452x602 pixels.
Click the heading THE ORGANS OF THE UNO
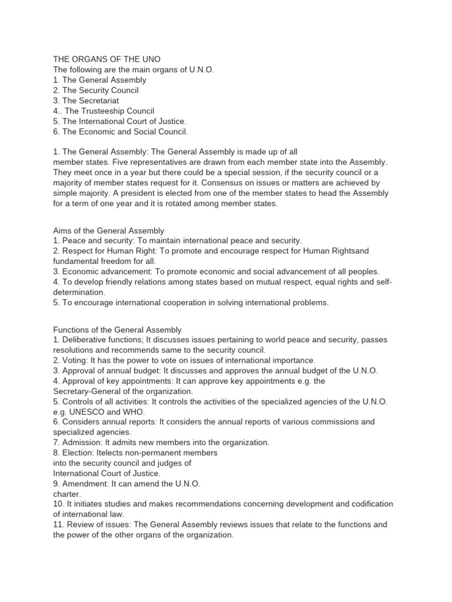[x=106, y=59]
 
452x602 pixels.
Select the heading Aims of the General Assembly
[x=109, y=230]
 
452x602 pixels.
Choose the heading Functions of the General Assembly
[x=118, y=330]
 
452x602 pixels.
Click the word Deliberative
[x=85, y=340]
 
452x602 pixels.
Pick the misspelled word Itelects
[x=111, y=453]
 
